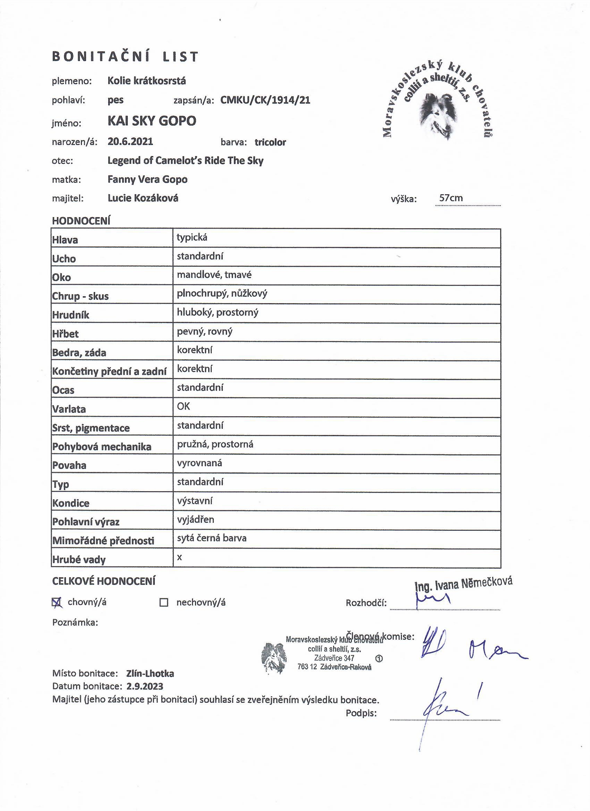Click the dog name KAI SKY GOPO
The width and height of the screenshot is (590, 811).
coord(152,121)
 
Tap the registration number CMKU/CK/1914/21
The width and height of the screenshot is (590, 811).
coord(265,100)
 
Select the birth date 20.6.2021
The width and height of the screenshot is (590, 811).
coord(130,142)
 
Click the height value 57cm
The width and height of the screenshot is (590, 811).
coord(451,198)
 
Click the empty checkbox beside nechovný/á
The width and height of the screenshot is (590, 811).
coord(163,603)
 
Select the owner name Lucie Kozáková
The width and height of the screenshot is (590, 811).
coord(143,198)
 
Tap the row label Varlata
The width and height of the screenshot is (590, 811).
coord(69,409)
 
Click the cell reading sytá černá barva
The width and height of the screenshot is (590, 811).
coord(211,538)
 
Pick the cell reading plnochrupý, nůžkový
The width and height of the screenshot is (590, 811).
coord(222,293)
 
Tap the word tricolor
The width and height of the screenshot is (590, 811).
coord(270,142)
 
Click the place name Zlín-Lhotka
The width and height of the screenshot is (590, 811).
coord(150,674)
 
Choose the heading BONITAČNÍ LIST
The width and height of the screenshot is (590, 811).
coord(125,57)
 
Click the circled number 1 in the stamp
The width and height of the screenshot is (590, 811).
coord(379,658)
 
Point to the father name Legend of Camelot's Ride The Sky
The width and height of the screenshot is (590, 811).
coord(185,161)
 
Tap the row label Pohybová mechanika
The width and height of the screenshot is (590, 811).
coord(102,447)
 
